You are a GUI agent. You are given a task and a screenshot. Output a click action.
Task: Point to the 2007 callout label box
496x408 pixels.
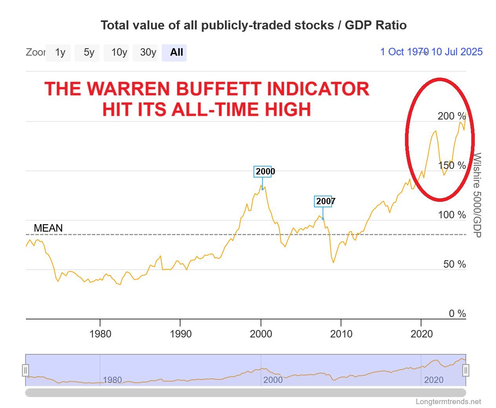tap(323, 201)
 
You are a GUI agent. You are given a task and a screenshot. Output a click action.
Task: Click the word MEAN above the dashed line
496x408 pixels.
tap(48, 228)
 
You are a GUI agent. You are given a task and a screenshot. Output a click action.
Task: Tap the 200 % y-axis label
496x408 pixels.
tap(451, 116)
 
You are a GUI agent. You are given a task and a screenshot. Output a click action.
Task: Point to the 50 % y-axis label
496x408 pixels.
tap(454, 264)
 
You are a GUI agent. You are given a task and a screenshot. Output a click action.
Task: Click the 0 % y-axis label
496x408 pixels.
tap(457, 314)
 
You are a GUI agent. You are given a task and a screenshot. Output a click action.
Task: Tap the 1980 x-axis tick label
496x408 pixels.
tap(100, 334)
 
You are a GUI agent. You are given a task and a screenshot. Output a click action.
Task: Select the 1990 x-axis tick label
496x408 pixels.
tap(181, 334)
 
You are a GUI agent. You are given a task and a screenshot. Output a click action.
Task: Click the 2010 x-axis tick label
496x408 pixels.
tap(341, 334)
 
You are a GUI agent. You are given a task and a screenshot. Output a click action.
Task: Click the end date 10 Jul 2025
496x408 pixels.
tap(457, 52)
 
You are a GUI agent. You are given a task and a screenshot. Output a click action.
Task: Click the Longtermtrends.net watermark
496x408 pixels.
tap(448, 401)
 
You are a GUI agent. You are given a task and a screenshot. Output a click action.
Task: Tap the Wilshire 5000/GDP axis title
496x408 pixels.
tap(477, 195)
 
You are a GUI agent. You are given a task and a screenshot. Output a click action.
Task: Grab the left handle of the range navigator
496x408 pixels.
tap(26, 370)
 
